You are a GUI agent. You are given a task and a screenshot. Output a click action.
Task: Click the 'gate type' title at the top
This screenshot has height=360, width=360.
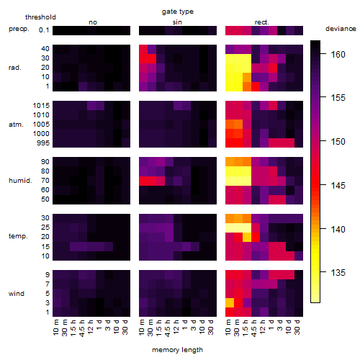(x=178, y=12)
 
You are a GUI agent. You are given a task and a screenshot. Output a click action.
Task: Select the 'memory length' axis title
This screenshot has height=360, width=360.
(x=177, y=350)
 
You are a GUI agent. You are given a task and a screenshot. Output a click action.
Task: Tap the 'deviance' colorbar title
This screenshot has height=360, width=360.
(x=341, y=29)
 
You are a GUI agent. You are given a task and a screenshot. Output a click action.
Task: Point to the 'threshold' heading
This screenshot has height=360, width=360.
(x=40, y=17)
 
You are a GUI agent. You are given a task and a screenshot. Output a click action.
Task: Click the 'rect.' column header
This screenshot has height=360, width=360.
(x=261, y=22)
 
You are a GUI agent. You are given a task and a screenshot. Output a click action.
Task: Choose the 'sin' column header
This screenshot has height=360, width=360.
(x=177, y=22)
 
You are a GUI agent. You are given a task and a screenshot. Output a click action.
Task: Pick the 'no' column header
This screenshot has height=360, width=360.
(x=93, y=22)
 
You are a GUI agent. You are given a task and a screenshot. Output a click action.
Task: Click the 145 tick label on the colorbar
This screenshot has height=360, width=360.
(x=338, y=185)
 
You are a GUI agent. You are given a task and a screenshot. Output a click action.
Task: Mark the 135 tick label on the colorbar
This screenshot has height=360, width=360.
(x=338, y=273)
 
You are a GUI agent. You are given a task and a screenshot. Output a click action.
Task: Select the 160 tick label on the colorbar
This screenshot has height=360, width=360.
(x=338, y=55)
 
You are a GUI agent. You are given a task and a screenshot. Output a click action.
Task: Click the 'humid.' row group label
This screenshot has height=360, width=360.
(x=20, y=181)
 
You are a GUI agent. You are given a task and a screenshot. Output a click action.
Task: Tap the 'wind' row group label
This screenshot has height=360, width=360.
(x=17, y=294)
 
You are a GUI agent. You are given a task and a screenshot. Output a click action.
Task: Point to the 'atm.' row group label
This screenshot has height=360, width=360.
(x=16, y=125)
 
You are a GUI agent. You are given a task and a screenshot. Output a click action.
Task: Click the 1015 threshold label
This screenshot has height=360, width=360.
(x=41, y=106)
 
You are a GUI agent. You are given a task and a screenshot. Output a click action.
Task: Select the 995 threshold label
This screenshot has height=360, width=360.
(x=43, y=143)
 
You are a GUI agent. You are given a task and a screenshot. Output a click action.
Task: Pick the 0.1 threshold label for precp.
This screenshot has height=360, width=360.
(x=44, y=30)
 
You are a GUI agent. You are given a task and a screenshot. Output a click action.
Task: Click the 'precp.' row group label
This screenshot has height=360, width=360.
(x=19, y=29)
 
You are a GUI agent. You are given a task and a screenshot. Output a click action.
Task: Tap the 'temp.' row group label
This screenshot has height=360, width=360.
(x=18, y=236)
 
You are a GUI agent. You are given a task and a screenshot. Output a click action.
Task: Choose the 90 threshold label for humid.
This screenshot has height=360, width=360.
(x=45, y=162)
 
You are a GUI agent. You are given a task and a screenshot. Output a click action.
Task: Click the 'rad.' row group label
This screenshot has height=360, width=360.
(x=15, y=68)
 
